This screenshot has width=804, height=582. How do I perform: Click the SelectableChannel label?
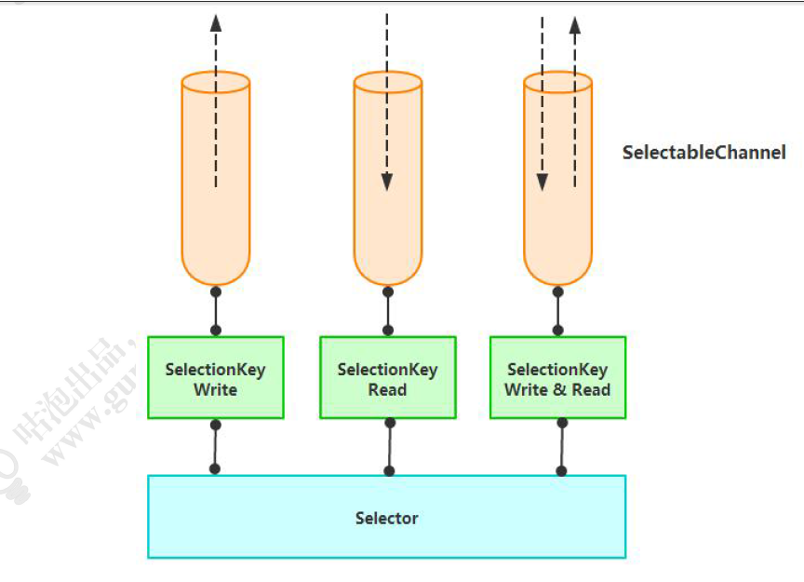coord(703,153)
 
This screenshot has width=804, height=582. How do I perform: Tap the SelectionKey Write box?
coord(215,377)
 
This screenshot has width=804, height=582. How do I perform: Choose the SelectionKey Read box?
coord(387,377)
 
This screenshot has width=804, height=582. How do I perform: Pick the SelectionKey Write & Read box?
coord(557,377)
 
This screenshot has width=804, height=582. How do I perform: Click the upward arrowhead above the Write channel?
coord(216,23)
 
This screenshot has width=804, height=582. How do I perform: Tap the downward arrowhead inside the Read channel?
coord(387,182)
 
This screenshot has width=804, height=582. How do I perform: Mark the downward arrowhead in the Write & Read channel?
coord(542,182)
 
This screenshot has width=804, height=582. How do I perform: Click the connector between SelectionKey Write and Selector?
coord(215,446)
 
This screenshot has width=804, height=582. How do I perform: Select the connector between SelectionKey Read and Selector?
coord(389,446)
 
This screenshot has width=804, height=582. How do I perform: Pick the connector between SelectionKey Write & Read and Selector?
coord(561,446)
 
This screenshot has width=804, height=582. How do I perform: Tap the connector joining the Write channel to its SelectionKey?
coord(216,311)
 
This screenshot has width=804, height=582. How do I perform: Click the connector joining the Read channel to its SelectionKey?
coord(388,311)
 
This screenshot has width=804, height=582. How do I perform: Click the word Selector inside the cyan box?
coord(386,518)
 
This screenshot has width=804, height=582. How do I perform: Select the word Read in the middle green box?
coord(387,390)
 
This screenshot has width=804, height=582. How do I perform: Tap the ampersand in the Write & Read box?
coord(558,390)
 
